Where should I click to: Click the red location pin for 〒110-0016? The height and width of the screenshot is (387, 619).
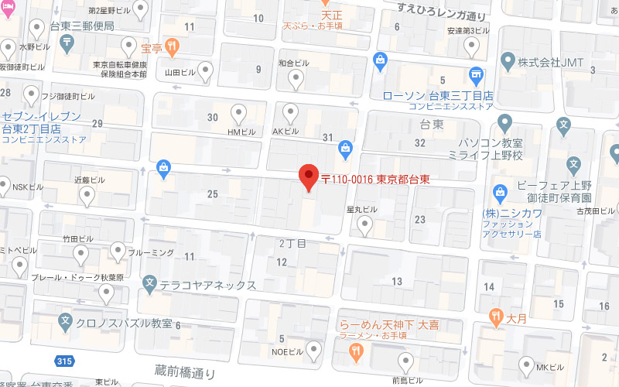pyautogui.click(x=309, y=177)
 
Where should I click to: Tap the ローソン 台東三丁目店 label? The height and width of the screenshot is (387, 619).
pyautogui.click(x=438, y=95)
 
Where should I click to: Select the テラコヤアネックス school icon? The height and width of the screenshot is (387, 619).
pyautogui.click(x=150, y=285)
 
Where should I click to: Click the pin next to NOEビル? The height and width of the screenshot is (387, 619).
pyautogui.click(x=313, y=351)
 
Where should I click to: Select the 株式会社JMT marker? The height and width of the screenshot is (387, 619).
pyautogui.click(x=508, y=60)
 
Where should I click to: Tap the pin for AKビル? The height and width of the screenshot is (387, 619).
pyautogui.click(x=291, y=114)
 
